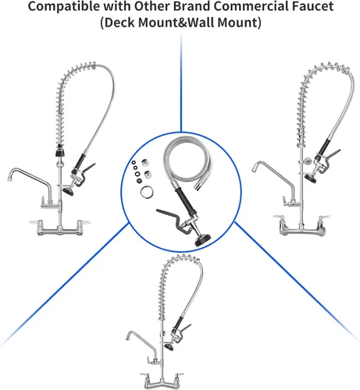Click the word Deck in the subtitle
119,23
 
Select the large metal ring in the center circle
147,192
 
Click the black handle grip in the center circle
184,200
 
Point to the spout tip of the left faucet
9,179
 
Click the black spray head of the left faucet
68,192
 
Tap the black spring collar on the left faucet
60,152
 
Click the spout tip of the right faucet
254,169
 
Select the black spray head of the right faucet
311,179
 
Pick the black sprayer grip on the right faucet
324,147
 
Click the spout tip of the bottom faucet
128,339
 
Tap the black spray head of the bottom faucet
169,347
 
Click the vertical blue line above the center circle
181,83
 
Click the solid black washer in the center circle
139,181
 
